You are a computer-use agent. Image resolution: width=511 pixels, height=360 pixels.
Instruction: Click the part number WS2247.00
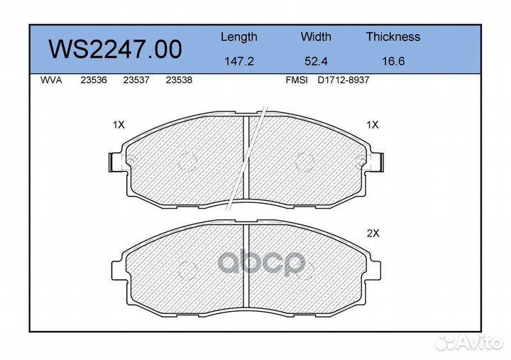click(115, 50)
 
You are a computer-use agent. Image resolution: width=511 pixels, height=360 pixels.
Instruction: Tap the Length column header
click(239, 38)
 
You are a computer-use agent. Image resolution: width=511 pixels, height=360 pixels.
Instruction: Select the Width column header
click(316, 36)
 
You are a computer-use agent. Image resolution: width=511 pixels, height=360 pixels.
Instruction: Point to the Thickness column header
click(393, 36)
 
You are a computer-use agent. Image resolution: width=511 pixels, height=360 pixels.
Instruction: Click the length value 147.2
click(239, 61)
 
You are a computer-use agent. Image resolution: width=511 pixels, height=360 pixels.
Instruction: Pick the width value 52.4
click(316, 61)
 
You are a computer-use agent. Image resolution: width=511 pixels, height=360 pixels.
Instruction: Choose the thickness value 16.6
click(393, 61)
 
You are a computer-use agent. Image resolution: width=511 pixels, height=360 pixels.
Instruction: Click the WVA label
click(51, 80)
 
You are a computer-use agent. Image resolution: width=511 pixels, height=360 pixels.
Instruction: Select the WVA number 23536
click(94, 80)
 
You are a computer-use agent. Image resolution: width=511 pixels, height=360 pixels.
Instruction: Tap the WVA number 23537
click(136, 80)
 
